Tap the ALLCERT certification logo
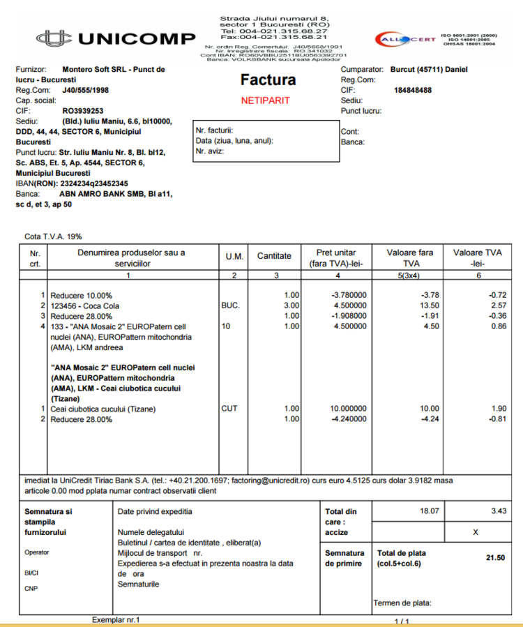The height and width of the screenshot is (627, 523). coord(404,40)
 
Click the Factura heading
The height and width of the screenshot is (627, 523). coord(268,80)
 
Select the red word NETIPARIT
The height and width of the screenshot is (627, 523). coord(265,100)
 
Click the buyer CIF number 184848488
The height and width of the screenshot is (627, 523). coord(413,90)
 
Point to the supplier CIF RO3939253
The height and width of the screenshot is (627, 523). coord(83,110)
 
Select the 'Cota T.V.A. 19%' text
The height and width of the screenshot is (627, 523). coord(53,236)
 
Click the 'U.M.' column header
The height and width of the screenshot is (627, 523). coord(234,256)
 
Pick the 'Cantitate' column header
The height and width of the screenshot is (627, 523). coord(274,256)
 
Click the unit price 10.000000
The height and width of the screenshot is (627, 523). coord(348,408)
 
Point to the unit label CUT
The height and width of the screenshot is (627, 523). coord(229,408)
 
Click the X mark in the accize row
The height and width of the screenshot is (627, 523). coord(476,531)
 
